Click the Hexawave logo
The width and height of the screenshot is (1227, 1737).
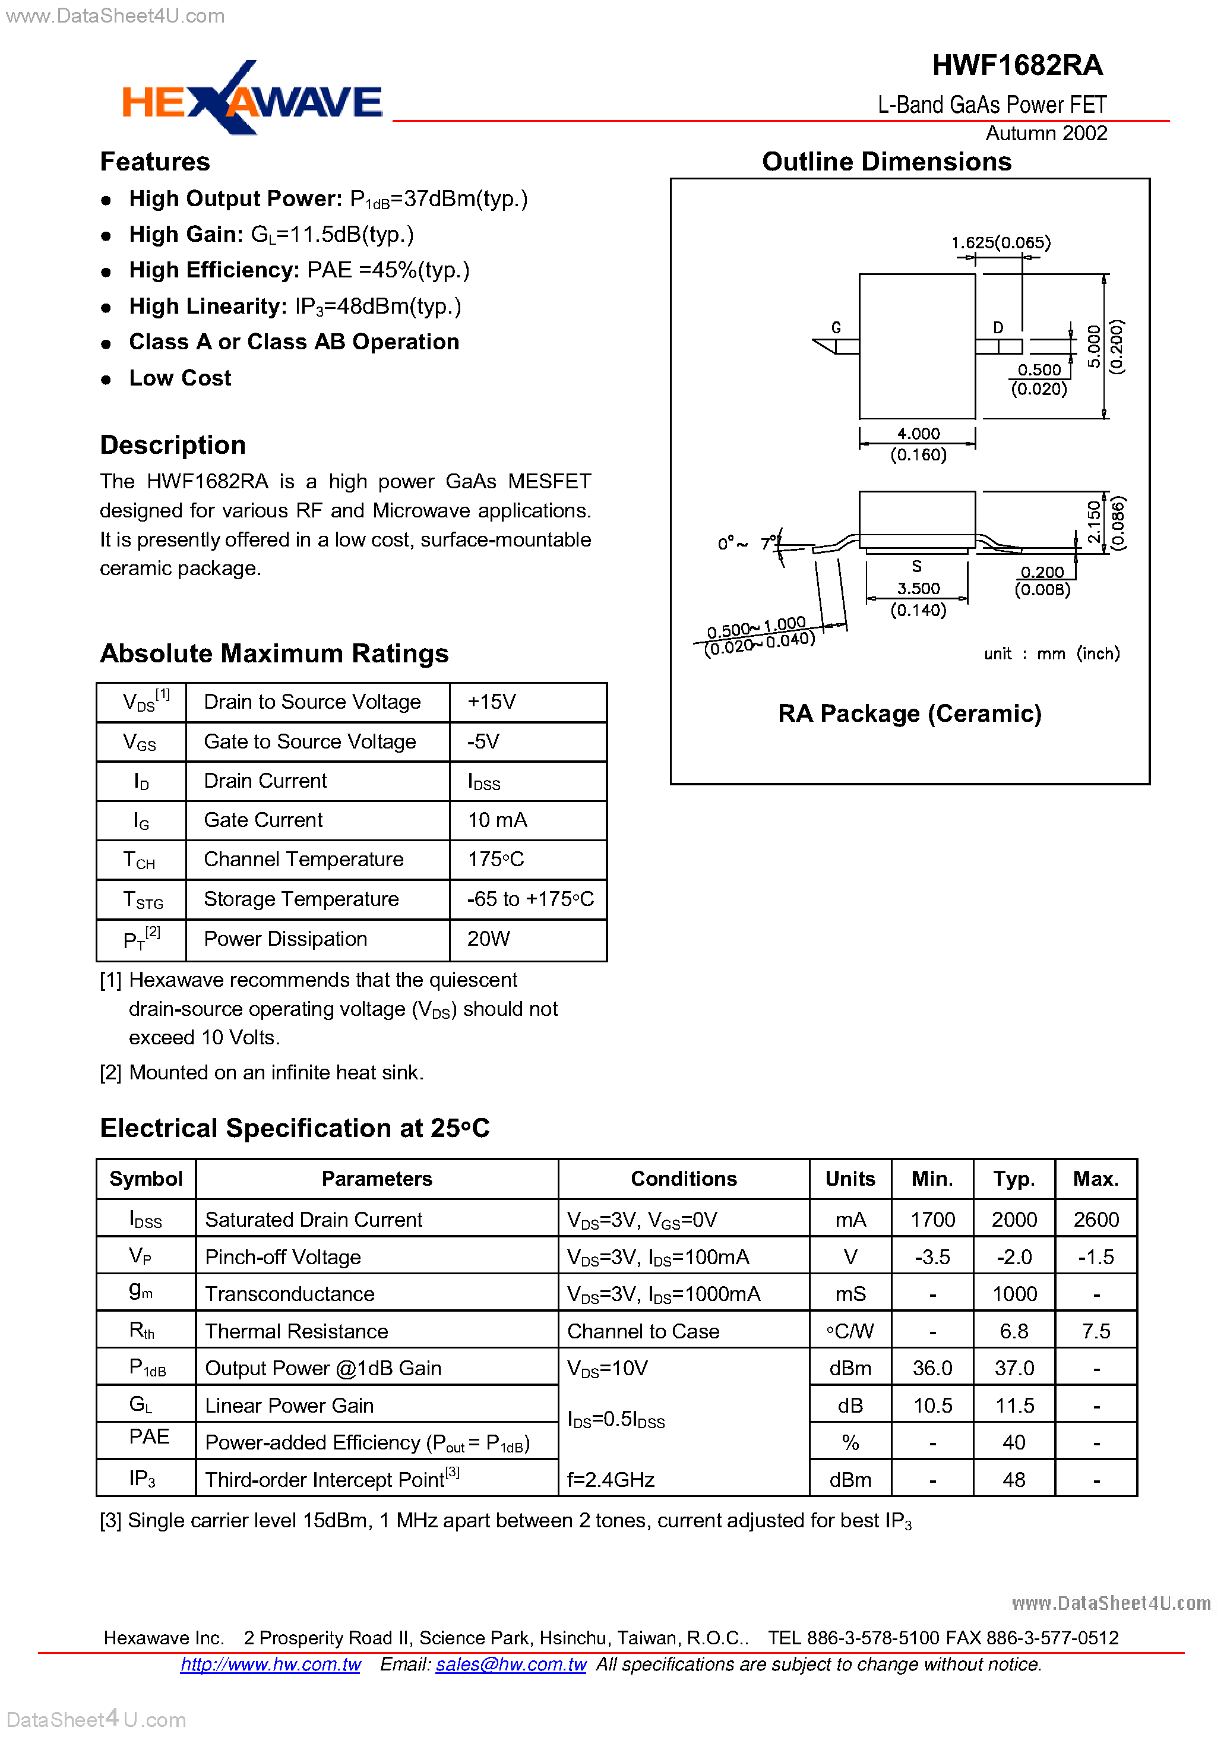251,99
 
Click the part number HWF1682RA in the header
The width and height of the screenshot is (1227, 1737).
1017,65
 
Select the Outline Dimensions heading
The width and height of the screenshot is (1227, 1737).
886,162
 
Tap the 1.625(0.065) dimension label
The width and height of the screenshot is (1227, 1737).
1000,242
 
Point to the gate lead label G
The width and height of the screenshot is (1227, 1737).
836,327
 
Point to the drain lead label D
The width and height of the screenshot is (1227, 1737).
998,327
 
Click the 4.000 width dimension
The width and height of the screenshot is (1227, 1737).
918,434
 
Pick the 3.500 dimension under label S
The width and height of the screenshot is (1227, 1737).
918,588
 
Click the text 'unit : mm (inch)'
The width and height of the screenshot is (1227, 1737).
1051,653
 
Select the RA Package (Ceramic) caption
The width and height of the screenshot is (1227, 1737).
909,713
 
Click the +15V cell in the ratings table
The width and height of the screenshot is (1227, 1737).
492,702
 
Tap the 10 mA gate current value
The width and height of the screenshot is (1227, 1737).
497,820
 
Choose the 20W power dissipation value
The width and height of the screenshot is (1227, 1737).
489,939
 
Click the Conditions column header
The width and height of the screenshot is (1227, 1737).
683,1179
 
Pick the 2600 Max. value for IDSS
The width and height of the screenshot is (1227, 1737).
1095,1220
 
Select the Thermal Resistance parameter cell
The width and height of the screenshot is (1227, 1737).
296,1331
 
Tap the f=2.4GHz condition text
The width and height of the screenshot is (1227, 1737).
611,1480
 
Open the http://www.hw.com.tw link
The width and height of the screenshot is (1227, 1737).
270,1665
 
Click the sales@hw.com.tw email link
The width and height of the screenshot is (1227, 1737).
511,1665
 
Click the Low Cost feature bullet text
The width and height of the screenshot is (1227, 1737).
180,378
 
